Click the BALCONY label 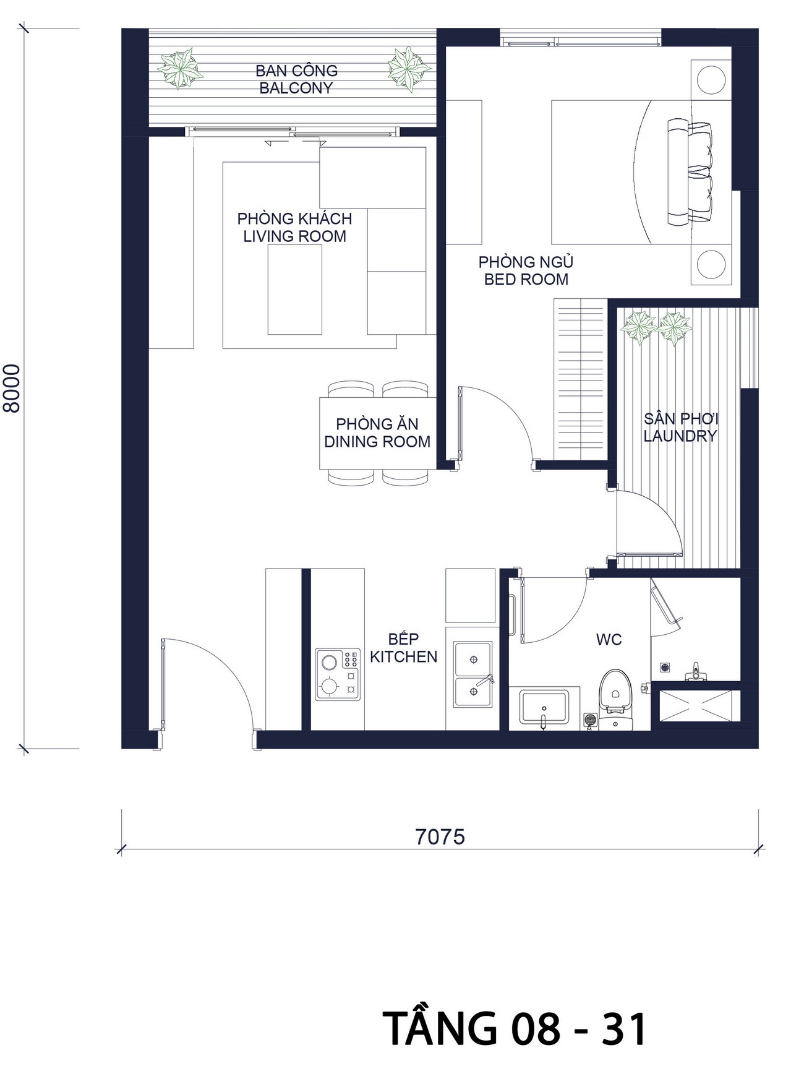click(x=296, y=88)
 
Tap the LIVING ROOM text click(x=294, y=236)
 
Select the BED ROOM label click(x=526, y=280)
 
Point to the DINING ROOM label click(x=377, y=442)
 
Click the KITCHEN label click(x=404, y=656)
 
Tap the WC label click(x=609, y=640)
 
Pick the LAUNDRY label click(x=680, y=436)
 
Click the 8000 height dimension click(x=12, y=388)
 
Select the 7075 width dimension click(x=440, y=837)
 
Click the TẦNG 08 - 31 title click(x=515, y=1029)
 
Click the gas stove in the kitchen click(x=338, y=674)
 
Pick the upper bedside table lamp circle click(x=711, y=79)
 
